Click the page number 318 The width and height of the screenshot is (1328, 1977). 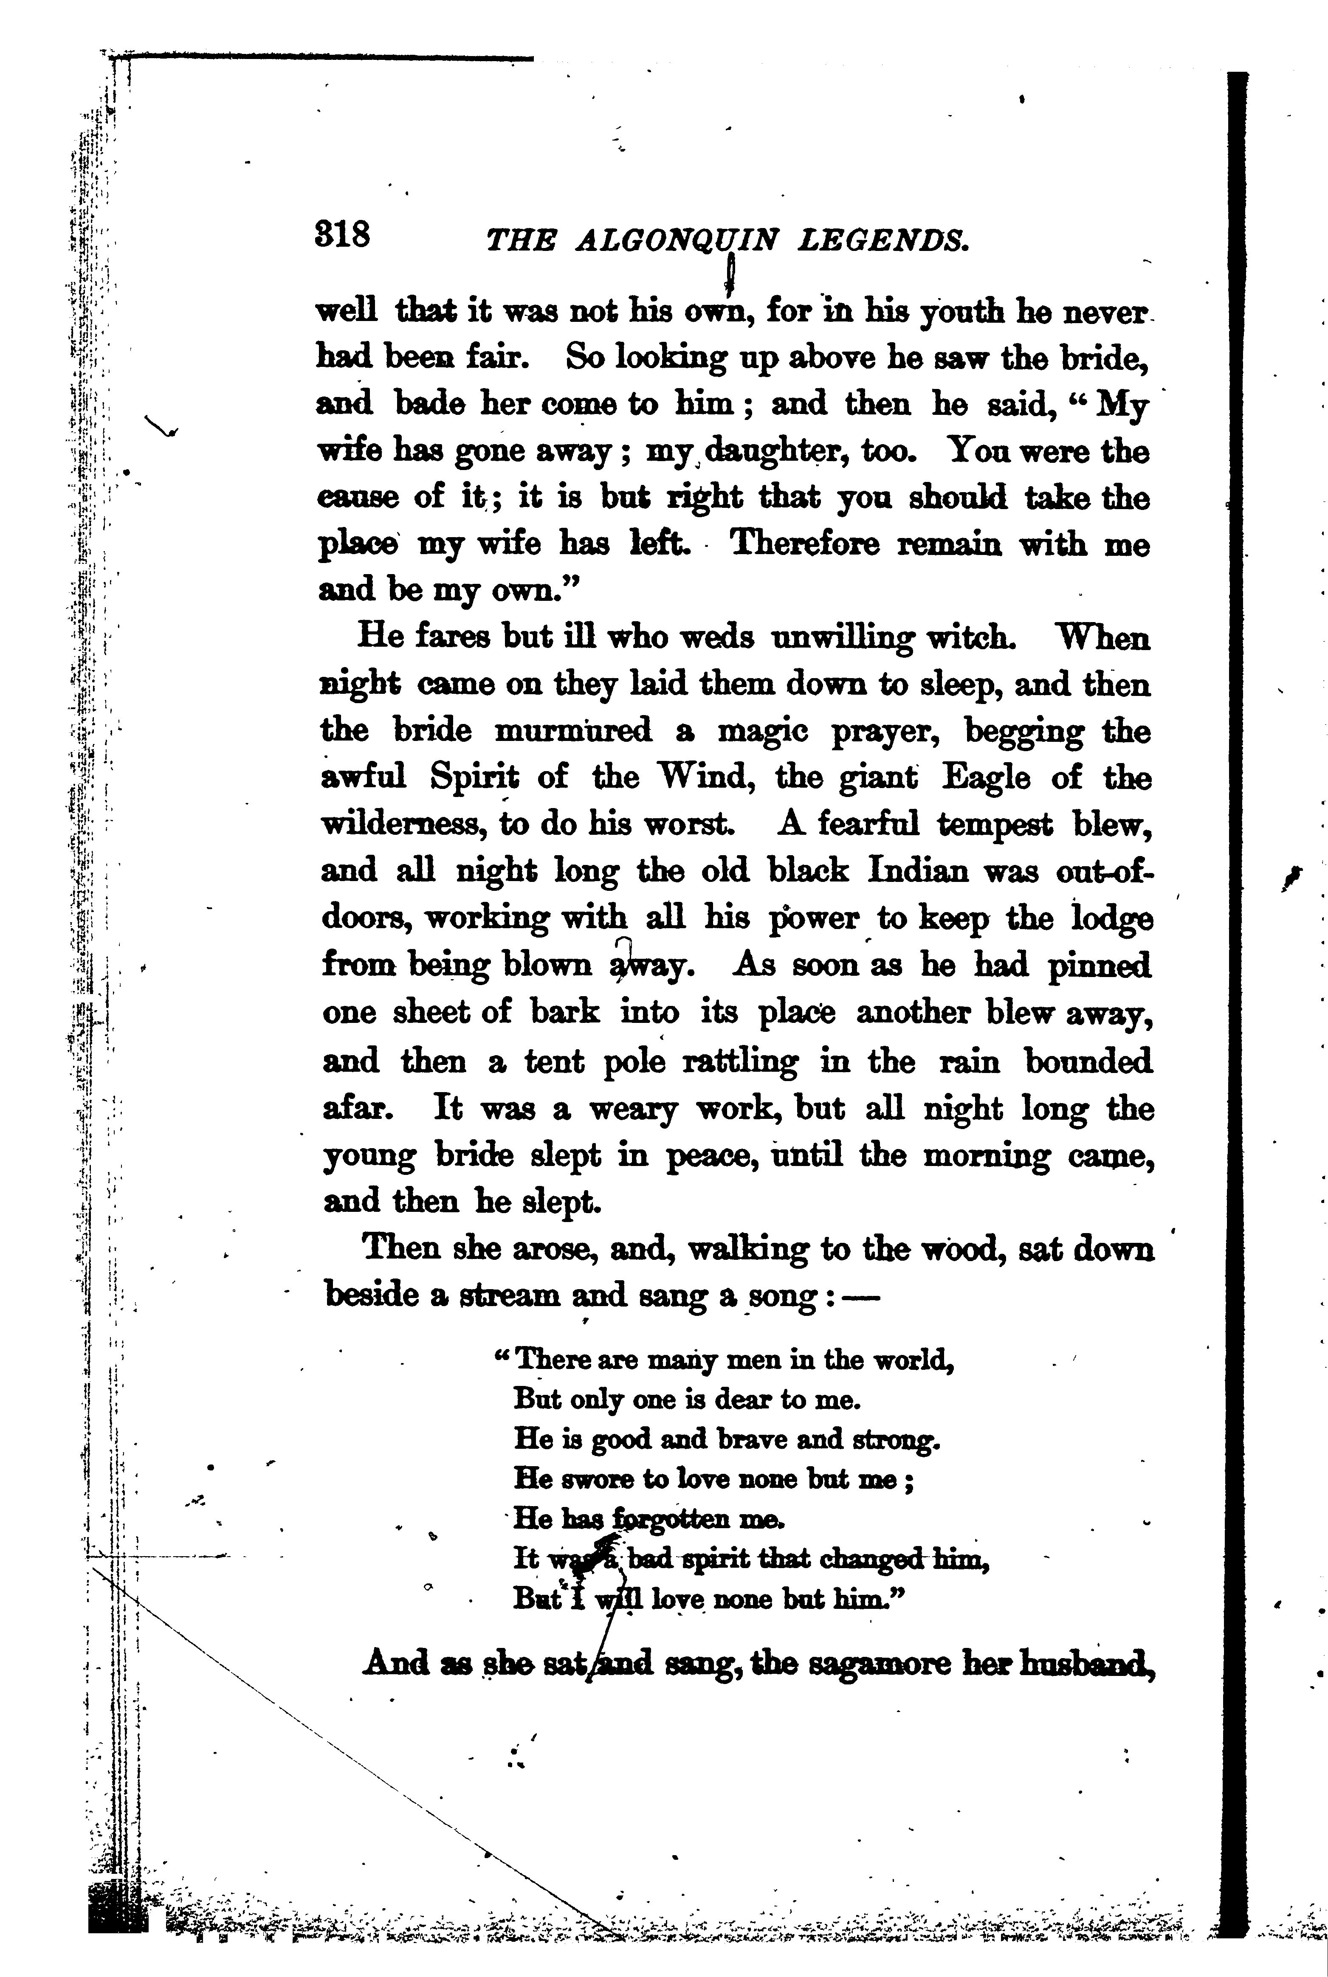(x=342, y=234)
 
